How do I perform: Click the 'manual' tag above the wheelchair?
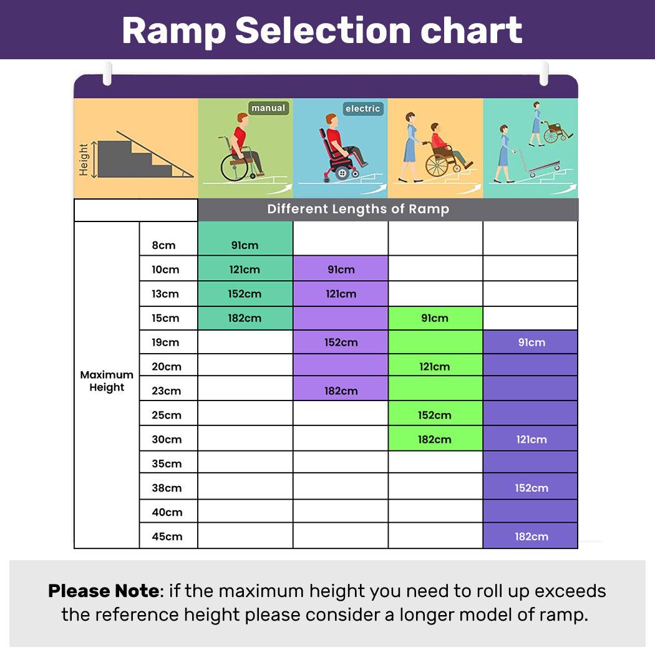coord(268,109)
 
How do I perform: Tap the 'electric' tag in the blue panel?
coord(362,109)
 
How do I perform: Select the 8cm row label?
coord(164,245)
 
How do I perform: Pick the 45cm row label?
coord(167,536)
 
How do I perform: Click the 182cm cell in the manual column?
coord(245,318)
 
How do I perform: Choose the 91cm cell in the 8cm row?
coord(245,245)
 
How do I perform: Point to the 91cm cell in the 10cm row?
coord(341,269)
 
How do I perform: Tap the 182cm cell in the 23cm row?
coord(341,391)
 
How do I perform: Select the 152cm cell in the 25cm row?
coord(435,415)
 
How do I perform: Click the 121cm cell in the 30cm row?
coord(531,440)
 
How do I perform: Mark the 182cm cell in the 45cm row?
coord(531,536)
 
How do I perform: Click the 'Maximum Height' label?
coord(107,381)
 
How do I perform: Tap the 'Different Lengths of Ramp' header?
coord(358,209)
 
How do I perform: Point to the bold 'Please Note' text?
coord(103,591)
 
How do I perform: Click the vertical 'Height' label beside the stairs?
coord(84,159)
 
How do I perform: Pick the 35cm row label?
coord(167,463)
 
